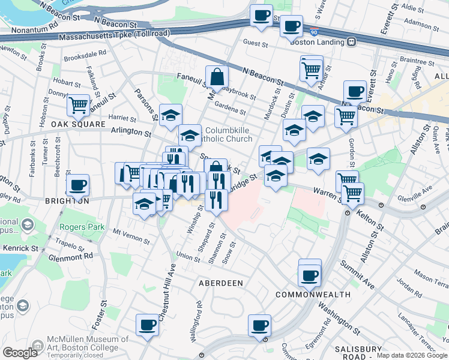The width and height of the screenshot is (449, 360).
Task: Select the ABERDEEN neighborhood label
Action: [x=221, y=283]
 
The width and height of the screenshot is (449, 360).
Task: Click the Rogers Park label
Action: [x=82, y=227]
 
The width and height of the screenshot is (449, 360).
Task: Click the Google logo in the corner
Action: [x=20, y=352]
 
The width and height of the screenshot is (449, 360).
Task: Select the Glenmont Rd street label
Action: [x=72, y=256]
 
